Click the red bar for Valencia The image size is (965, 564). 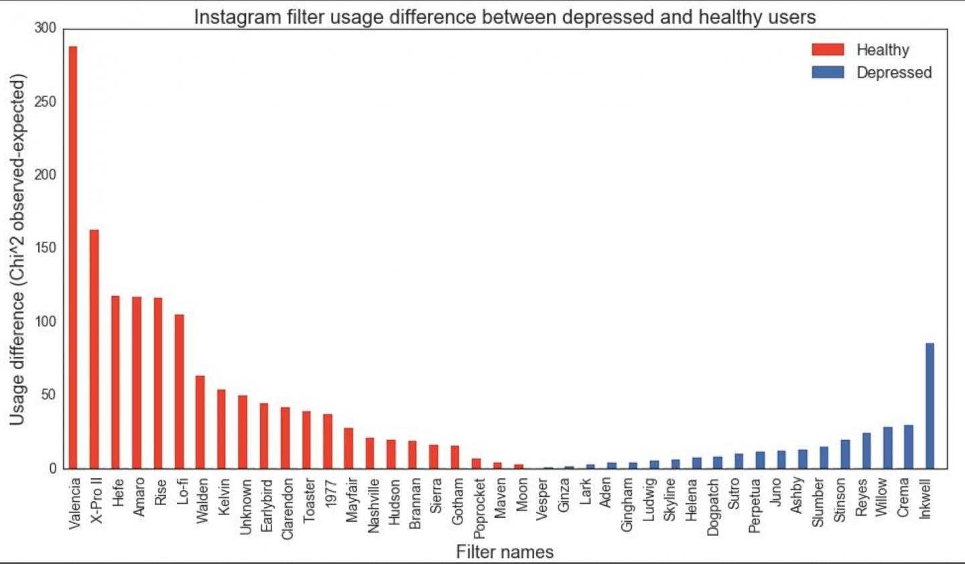coord(73,257)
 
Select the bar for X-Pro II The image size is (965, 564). coord(94,349)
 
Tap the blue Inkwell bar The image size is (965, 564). coord(929,406)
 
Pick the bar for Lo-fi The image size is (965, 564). coord(179,391)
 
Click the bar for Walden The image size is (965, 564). coord(200,422)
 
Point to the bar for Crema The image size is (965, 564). coord(908,447)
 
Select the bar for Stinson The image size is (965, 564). coord(845,454)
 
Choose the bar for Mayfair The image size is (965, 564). coord(348,448)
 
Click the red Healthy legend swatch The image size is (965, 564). coord(828,50)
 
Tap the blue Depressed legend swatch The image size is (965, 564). coord(828,72)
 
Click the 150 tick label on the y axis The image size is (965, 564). coord(46,249)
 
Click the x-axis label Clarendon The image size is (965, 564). coord(287,509)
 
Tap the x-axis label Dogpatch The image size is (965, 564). coord(713,507)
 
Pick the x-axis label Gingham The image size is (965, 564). coord(627,505)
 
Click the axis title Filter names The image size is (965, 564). coord(505,552)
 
